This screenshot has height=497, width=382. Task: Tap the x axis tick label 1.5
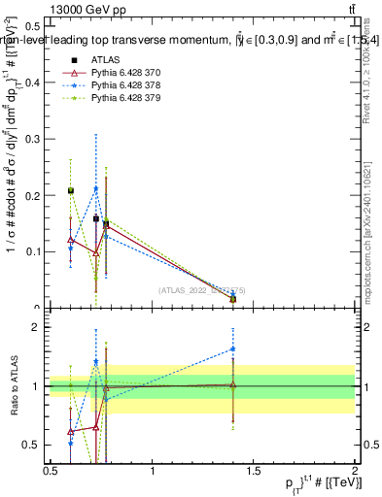click(x=254, y=471)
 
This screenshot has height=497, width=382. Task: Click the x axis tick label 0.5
click(x=51, y=471)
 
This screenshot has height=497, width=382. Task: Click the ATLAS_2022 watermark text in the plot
click(x=202, y=289)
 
